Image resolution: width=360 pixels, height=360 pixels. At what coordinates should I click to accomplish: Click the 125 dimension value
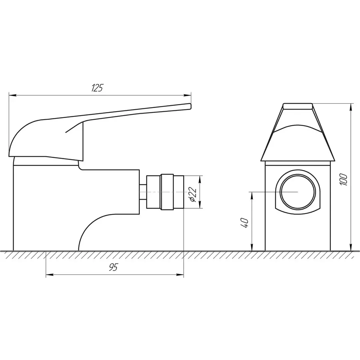tap(97, 88)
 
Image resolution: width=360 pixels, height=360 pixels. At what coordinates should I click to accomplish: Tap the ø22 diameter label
tap(192, 194)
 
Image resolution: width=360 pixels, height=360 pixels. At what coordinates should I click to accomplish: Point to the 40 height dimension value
tap(246, 222)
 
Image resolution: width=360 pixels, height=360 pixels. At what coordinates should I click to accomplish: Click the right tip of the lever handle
tap(189, 106)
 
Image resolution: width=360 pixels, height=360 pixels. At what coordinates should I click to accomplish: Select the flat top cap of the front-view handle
tap(298, 106)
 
